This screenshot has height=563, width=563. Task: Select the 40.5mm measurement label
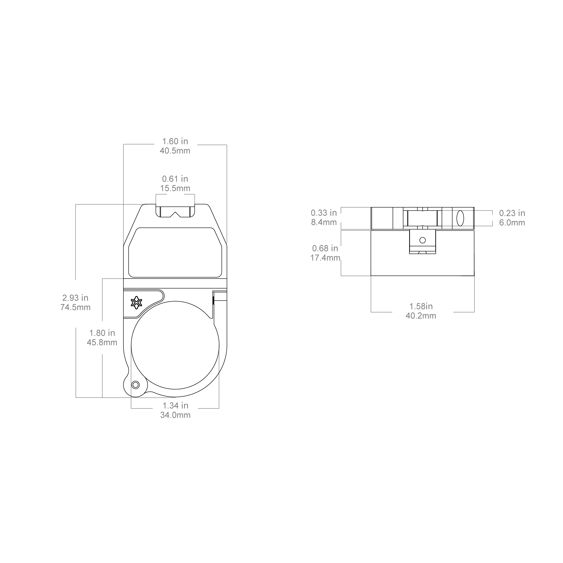pos(175,151)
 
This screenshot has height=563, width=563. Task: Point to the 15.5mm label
pos(175,188)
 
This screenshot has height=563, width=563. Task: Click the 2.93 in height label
pos(75,298)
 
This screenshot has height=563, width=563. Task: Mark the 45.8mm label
pos(102,342)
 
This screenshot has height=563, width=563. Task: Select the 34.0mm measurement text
pos(175,415)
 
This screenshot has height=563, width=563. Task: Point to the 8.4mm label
pos(324,222)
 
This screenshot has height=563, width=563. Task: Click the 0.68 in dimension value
pos(325,248)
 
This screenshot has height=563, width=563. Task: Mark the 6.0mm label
pos(512,223)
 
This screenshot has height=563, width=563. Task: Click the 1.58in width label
pos(421,306)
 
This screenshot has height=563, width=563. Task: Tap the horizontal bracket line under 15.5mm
pos(175,194)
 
